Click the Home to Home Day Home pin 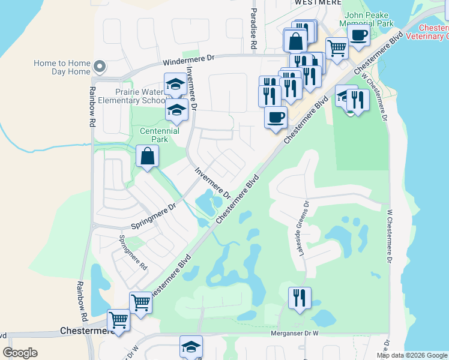[100, 66]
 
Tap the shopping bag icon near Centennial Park [147, 157]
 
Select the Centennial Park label [160, 135]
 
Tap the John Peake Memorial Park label [369, 19]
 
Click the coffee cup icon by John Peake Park [358, 35]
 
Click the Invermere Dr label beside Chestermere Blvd [212, 183]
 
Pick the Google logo [20, 353]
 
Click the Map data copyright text [412, 355]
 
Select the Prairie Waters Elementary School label [142, 96]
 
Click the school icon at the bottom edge [191, 346]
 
